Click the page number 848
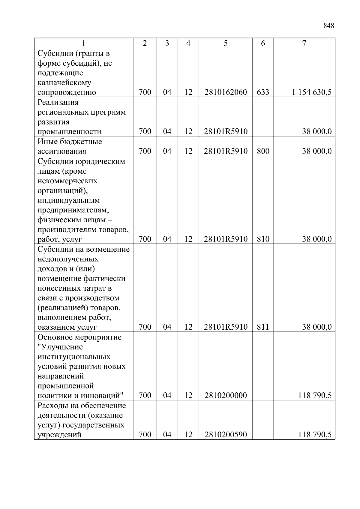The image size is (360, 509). pyautogui.click(x=329, y=26)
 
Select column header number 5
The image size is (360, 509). pyautogui.click(x=226, y=43)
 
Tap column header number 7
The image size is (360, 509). pyautogui.click(x=304, y=43)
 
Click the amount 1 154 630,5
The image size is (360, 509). pyautogui.click(x=312, y=92)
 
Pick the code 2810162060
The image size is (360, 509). pyautogui.click(x=226, y=92)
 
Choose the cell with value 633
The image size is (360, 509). pyautogui.click(x=263, y=92)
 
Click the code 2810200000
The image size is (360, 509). pyautogui.click(x=226, y=395)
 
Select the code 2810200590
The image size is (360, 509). pyautogui.click(x=226, y=434)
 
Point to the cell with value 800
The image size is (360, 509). pyautogui.click(x=263, y=151)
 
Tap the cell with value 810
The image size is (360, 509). pyautogui.click(x=263, y=239)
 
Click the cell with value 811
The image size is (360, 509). pyautogui.click(x=263, y=327)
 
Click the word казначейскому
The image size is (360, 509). pyautogui.click(x=64, y=82)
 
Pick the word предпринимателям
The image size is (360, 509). pyautogui.click(x=73, y=210)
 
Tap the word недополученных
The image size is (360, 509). pyautogui.click(x=68, y=259)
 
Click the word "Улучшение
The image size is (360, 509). pyautogui.click(x=60, y=347)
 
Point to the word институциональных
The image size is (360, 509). pyautogui.click(x=74, y=357)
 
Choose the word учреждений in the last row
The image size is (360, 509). pyautogui.click(x=59, y=435)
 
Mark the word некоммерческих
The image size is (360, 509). pyautogui.click(x=67, y=181)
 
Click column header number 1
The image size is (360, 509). pyautogui.click(x=84, y=43)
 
